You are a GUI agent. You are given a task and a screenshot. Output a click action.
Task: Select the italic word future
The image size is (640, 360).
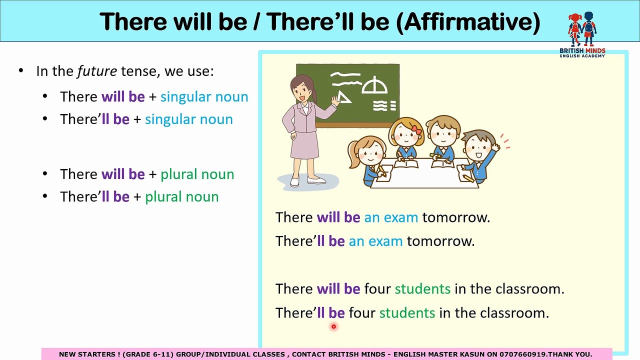coord(97,71)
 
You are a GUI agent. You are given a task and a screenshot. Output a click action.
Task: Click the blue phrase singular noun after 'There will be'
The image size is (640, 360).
coord(204,96)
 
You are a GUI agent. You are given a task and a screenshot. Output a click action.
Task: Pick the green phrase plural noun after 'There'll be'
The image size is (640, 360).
coord(181,196)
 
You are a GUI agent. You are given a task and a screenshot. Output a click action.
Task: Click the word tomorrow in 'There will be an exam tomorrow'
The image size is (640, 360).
coord(455,217)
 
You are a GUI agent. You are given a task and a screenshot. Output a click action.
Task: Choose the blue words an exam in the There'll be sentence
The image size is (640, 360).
coord(375,241)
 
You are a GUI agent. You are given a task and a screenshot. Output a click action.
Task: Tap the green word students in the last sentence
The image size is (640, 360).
coord(407,313)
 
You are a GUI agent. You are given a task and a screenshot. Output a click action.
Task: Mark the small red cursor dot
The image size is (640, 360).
coord(333,327)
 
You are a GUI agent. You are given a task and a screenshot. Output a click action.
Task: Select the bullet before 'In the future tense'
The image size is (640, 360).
coord(20,70)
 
